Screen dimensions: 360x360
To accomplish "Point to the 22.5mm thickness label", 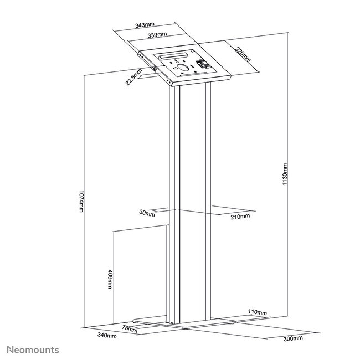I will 132,75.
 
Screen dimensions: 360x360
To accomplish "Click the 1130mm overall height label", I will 285,176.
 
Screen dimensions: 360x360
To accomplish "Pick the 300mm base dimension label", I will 293,338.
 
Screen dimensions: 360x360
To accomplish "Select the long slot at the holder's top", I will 173,55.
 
